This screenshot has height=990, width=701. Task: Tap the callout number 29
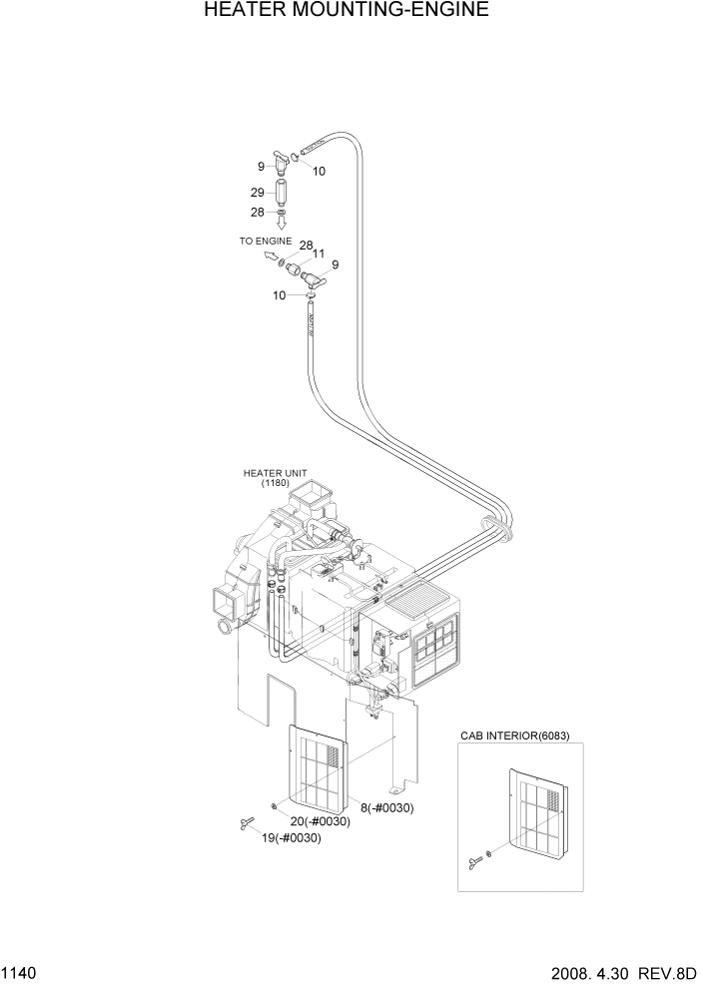point(257,192)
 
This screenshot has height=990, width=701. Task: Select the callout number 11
point(320,254)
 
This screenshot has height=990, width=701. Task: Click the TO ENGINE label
point(265,242)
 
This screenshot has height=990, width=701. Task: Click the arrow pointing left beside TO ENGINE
point(270,258)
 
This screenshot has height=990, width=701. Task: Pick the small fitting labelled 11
point(297,268)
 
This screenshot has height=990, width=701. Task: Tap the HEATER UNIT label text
point(275,473)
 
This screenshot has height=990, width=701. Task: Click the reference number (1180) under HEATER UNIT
point(276,484)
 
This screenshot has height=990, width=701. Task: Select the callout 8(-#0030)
point(386,807)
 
